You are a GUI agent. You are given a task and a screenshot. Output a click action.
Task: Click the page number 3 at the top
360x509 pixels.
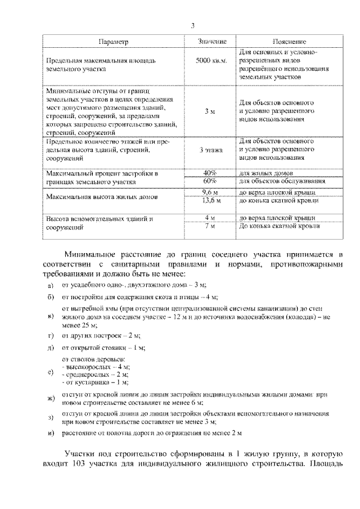click(192, 25)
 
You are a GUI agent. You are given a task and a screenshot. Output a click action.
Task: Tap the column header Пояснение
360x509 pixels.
click(289, 42)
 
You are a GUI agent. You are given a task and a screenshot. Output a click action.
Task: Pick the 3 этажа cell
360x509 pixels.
click(211, 150)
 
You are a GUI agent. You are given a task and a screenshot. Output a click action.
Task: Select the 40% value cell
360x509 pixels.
click(210, 173)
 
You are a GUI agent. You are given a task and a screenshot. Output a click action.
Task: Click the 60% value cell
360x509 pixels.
click(210, 181)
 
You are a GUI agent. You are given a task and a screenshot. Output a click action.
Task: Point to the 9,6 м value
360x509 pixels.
click(210, 192)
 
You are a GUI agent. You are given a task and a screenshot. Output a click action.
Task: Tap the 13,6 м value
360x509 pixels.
click(211, 200)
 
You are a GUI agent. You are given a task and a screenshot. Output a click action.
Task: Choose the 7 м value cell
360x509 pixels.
click(210, 226)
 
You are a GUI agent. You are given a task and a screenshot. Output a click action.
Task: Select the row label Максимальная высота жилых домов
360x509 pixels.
click(102, 197)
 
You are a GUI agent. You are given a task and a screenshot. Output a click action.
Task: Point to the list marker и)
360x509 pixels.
click(51, 433)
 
